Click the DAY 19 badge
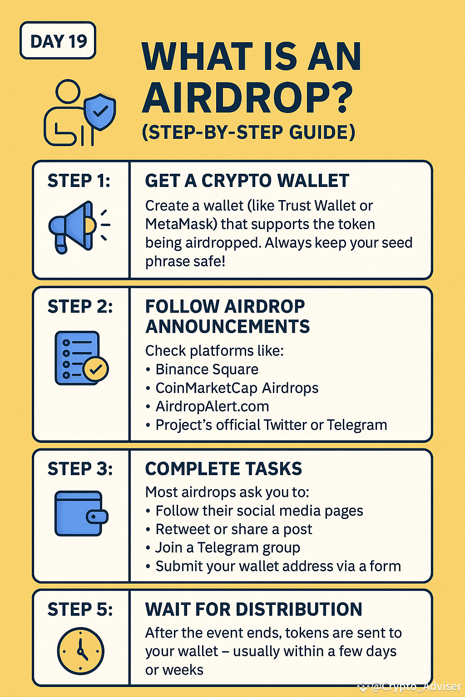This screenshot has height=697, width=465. pyautogui.click(x=58, y=41)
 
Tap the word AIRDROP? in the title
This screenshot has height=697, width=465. pyautogui.click(x=247, y=98)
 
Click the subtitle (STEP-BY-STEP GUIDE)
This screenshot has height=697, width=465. pyautogui.click(x=248, y=132)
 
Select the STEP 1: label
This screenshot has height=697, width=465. pyautogui.click(x=79, y=181)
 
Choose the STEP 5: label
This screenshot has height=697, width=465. pyautogui.click(x=80, y=609)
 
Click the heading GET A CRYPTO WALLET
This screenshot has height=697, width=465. pyautogui.click(x=247, y=181)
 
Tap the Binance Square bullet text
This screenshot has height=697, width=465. pyautogui.click(x=207, y=369)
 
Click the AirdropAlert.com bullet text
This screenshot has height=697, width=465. pyautogui.click(x=212, y=406)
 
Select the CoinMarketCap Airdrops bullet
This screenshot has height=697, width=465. pyautogui.click(x=237, y=388)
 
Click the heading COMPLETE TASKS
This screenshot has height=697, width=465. pyautogui.click(x=223, y=469)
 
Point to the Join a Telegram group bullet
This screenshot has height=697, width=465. pyautogui.click(x=228, y=548)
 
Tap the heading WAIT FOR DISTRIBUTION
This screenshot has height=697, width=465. pyautogui.click(x=253, y=609)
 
